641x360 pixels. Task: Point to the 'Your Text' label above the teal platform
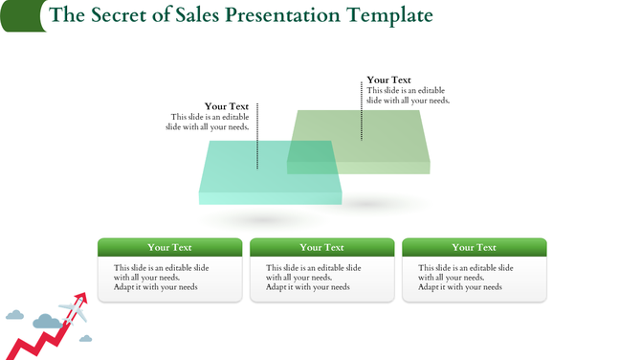[227, 106]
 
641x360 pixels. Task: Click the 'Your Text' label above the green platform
[389, 80]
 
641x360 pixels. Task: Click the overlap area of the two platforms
[311, 157]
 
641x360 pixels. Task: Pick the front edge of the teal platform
[270, 198]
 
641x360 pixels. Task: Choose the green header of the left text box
[169, 247]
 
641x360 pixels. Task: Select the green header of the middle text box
[321, 247]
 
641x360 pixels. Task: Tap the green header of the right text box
[474, 247]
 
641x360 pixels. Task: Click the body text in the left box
[161, 278]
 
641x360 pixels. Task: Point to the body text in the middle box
[313, 278]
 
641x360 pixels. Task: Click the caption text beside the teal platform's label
[208, 122]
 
